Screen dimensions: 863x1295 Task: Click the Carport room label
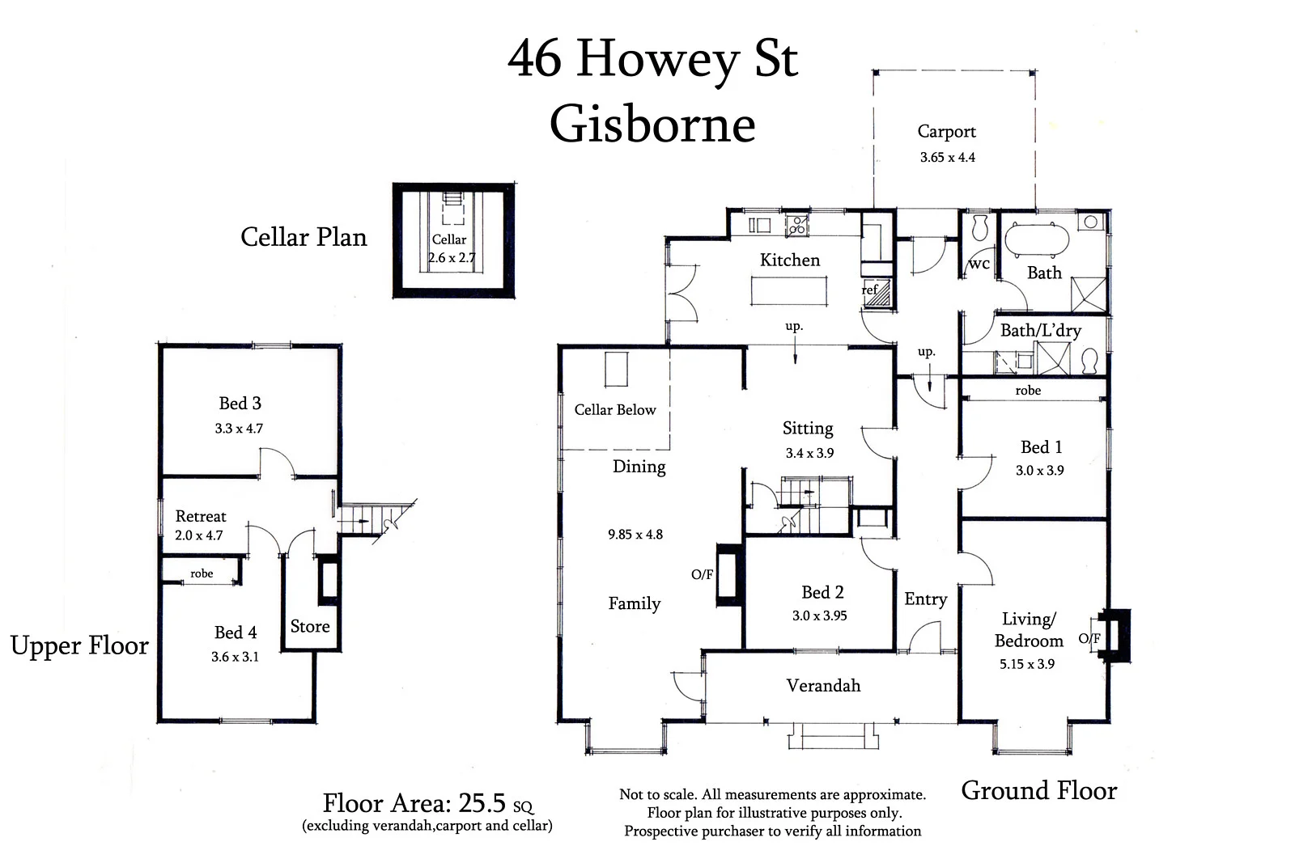(x=946, y=131)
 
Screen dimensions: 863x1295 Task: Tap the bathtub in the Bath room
(x=1037, y=239)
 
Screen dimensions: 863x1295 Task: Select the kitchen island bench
(x=790, y=290)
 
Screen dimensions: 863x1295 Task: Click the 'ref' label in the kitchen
(x=869, y=290)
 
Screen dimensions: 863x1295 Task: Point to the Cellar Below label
(x=615, y=410)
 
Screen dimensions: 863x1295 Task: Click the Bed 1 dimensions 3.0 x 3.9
(x=1040, y=471)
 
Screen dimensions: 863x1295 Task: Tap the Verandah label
(x=823, y=686)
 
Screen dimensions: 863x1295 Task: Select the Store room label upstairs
(x=310, y=626)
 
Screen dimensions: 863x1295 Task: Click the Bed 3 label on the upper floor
(x=240, y=403)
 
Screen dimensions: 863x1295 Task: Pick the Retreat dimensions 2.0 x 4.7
(x=198, y=535)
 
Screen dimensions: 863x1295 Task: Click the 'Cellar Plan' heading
(x=304, y=237)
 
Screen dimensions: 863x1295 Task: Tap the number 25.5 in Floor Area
(x=482, y=803)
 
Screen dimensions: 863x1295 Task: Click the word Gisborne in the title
(x=652, y=125)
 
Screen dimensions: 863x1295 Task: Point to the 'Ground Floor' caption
(x=1038, y=790)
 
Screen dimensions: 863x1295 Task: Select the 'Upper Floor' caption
(x=79, y=645)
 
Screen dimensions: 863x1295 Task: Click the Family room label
(x=635, y=603)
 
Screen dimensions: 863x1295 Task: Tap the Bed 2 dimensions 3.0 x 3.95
(x=819, y=616)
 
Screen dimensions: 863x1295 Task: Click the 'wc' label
(x=979, y=264)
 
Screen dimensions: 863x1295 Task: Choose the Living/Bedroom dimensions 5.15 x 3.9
(x=1027, y=664)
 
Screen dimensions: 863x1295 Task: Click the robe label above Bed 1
(x=1028, y=391)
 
